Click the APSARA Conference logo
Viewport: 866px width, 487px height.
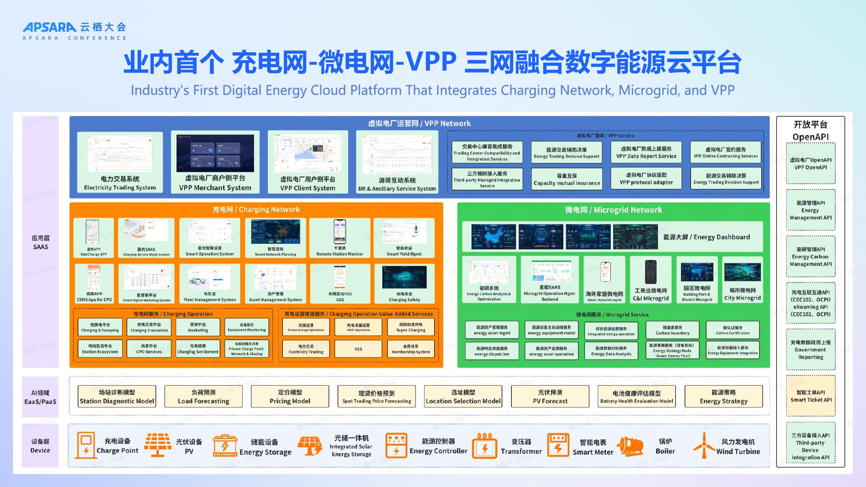coord(74,31)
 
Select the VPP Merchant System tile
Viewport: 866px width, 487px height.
coord(215,162)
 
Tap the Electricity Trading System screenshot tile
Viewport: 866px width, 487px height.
coord(120,162)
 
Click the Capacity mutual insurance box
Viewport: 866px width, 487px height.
coord(567,179)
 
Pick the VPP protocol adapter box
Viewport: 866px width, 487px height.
coord(646,179)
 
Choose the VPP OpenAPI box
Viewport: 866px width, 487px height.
coord(810,164)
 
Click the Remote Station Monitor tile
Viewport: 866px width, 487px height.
coord(340,238)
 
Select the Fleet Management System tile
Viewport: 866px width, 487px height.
coord(209,284)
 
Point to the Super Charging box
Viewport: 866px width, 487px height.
coord(411,327)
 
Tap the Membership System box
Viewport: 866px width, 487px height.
coord(411,349)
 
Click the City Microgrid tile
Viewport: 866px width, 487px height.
coord(742,280)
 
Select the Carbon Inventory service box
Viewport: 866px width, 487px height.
coord(672,330)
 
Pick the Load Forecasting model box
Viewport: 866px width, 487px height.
coord(203,396)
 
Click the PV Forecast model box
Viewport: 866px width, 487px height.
coord(550,396)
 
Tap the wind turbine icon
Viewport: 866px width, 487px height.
coord(703,445)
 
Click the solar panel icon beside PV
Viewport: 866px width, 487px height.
coord(157,445)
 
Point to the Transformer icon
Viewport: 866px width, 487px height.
coord(484,446)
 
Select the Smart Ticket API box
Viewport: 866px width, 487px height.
coord(811,396)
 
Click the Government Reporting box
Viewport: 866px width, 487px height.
coord(810,349)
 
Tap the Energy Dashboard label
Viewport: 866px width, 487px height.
coord(706,237)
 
